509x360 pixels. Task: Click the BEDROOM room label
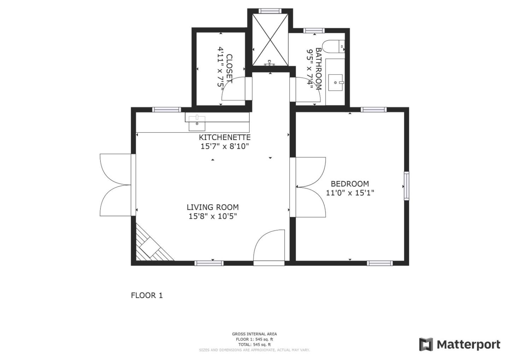350,184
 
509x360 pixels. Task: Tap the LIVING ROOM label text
212,207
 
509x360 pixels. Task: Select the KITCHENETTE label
224,137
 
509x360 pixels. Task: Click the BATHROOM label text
318,69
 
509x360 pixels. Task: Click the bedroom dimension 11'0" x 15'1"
350,193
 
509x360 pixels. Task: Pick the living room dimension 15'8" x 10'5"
212,216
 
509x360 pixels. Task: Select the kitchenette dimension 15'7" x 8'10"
224,146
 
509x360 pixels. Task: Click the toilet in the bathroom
334,46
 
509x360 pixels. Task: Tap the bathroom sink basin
335,82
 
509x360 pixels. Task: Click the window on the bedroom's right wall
406,186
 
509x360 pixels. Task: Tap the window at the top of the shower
270,11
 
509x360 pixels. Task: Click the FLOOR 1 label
147,295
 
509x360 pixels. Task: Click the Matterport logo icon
426,344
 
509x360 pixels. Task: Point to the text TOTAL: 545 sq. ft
254,344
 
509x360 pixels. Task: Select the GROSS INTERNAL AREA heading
254,334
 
